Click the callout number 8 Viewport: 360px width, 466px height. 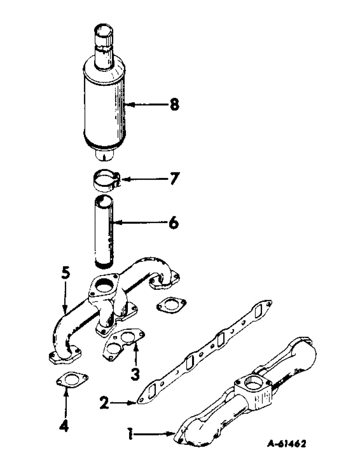(174, 105)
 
